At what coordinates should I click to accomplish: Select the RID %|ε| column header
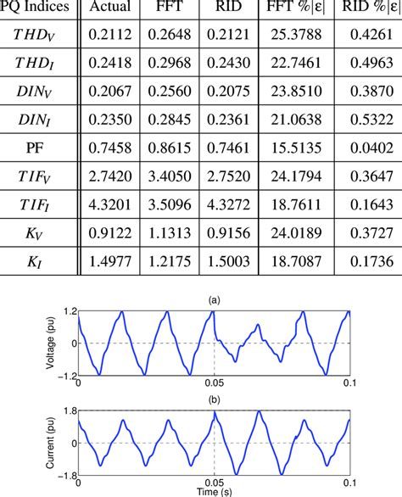click(x=366, y=11)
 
